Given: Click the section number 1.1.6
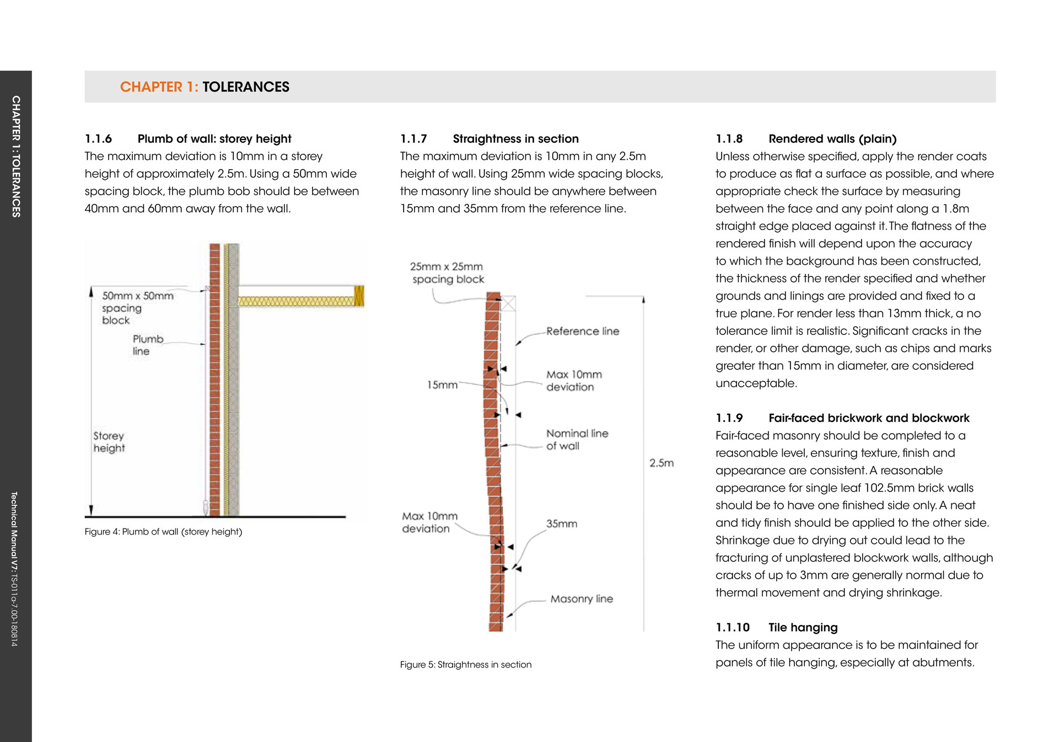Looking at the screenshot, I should [x=98, y=139].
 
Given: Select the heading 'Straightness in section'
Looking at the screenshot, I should [x=515, y=139].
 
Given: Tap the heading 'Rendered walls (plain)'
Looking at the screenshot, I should [x=832, y=139].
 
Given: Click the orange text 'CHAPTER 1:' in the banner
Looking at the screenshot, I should [x=159, y=87].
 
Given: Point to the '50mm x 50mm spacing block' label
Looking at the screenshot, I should [x=137, y=308].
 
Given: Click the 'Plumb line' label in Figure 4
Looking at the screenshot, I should [x=148, y=345].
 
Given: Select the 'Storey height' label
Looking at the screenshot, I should [x=109, y=442].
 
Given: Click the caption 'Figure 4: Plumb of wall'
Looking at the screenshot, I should [x=163, y=532].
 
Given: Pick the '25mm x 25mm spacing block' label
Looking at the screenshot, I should [x=447, y=273].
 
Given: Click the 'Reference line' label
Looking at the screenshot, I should [x=583, y=332].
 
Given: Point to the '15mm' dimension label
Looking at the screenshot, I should [x=442, y=385].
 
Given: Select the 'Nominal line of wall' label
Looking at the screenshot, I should [x=577, y=440].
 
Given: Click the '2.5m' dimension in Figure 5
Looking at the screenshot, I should [x=661, y=463].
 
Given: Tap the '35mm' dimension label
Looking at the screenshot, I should [x=562, y=524].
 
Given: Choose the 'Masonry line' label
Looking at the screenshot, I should [x=582, y=599].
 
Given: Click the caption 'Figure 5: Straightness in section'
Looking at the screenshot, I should [x=466, y=665].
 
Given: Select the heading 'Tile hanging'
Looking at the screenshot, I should [x=803, y=628].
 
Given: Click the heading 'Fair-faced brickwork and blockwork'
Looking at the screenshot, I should [x=869, y=418].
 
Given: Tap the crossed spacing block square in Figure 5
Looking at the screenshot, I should [x=508, y=303].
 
